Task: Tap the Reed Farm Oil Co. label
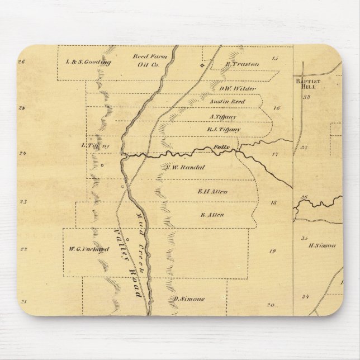pyautogui.click(x=146, y=60)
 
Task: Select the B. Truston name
pyautogui.click(x=242, y=64)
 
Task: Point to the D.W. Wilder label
pyautogui.click(x=237, y=88)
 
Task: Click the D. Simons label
pyautogui.click(x=188, y=299)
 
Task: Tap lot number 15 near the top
pyautogui.click(x=274, y=58)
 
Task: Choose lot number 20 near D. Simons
pyautogui.click(x=271, y=305)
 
